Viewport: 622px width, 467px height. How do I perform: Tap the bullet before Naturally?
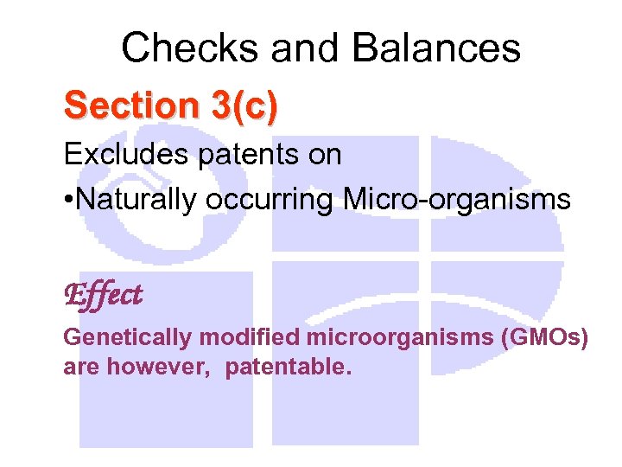click(x=68, y=201)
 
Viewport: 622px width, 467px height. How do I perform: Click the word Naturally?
click(x=138, y=200)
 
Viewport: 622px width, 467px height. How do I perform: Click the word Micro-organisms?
click(x=457, y=200)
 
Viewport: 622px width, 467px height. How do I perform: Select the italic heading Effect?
click(x=103, y=295)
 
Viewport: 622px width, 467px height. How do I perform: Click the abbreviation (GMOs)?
click(x=544, y=337)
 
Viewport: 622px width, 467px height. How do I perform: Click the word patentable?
click(x=288, y=367)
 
